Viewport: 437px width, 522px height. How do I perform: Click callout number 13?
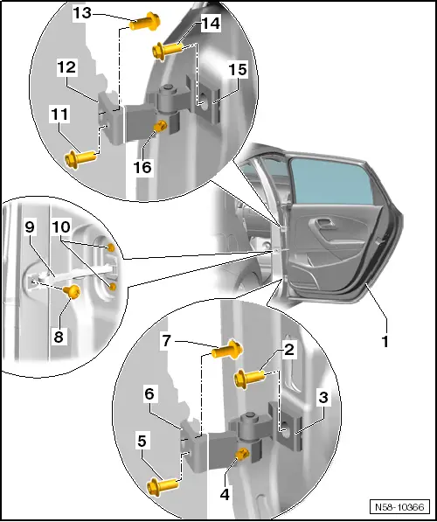[82, 13]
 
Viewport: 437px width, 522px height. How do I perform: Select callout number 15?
[238, 70]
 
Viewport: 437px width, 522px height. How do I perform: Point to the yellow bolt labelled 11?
[81, 157]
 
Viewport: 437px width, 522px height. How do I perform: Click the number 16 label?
[142, 167]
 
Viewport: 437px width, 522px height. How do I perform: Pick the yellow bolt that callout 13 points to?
[145, 22]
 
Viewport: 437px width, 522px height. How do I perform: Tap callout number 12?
[66, 67]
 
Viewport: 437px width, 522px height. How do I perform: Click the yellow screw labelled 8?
[73, 292]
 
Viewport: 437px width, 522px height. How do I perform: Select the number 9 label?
[30, 227]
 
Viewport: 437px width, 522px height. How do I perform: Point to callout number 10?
[61, 227]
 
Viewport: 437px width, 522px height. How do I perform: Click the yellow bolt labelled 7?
[227, 351]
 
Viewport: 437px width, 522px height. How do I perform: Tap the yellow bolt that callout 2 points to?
[249, 379]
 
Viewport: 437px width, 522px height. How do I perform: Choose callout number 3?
[323, 398]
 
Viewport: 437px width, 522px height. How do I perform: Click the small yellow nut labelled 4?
[241, 454]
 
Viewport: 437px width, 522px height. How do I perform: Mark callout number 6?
[149, 394]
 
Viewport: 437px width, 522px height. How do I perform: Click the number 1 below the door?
[385, 342]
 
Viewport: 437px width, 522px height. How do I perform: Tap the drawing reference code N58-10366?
[399, 507]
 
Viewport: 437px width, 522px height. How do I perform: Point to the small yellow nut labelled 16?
[160, 126]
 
